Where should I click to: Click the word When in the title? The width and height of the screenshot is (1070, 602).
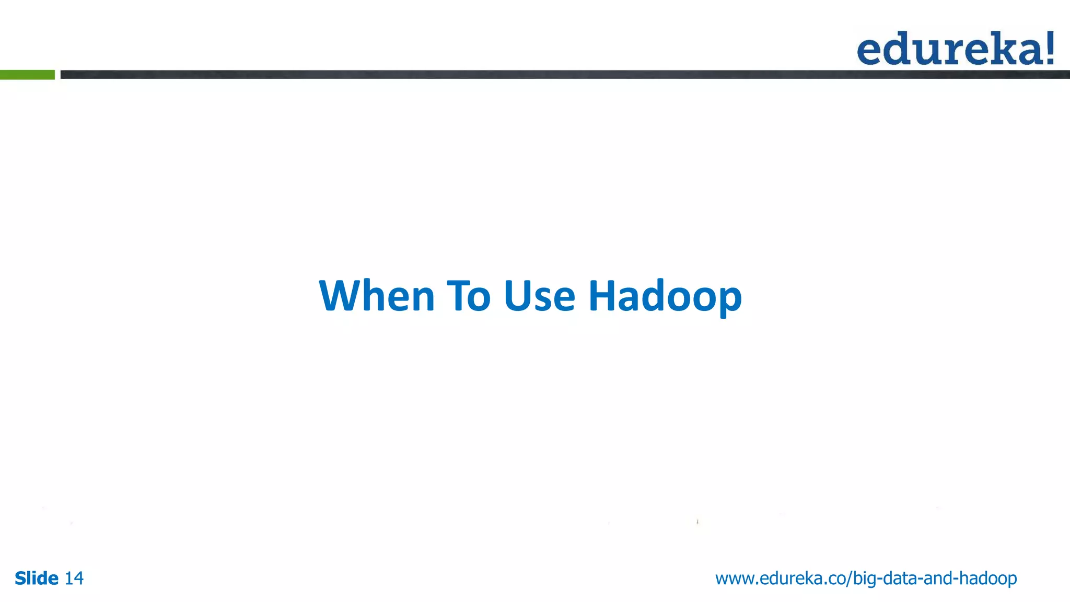[377, 296]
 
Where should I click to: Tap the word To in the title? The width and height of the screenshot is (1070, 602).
[469, 296]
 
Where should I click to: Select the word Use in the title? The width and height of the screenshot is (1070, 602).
[539, 296]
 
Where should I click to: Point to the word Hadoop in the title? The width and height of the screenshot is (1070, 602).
[665, 297]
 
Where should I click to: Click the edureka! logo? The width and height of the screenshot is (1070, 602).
[955, 49]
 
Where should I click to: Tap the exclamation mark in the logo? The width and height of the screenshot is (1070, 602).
[1049, 48]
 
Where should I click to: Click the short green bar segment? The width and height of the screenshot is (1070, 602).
[27, 75]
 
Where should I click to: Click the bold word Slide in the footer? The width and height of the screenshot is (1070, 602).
[36, 578]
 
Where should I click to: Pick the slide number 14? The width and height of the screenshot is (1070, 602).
[74, 578]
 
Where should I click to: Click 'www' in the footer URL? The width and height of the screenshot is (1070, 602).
[734, 578]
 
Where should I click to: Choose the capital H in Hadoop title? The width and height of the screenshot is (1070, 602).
[604, 296]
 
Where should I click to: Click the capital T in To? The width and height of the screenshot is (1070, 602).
[458, 296]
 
